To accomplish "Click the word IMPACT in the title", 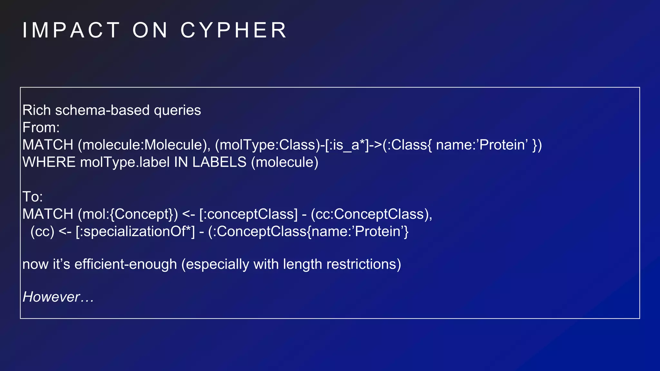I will [71, 31].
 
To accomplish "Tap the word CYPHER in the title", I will [233, 31].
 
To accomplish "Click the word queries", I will [177, 110].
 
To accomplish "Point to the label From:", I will [41, 128].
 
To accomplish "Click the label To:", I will [33, 197].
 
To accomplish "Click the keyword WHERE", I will [49, 162].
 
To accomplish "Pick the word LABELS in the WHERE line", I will [219, 162].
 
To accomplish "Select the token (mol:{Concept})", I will [128, 214].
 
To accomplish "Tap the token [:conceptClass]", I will [248, 214].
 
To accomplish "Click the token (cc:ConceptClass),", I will [371, 214].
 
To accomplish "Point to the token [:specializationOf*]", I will [135, 232].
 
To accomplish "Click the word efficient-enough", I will [126, 264].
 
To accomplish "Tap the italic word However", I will [51, 297].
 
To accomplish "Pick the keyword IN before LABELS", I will [181, 162].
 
